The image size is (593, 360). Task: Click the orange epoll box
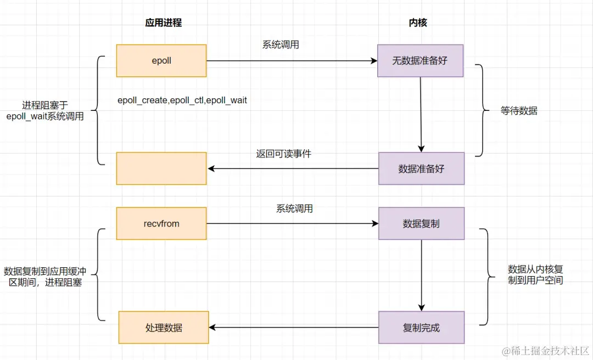click(x=161, y=61)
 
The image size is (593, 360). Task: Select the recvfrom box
click(x=161, y=223)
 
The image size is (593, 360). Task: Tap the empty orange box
click(x=161, y=168)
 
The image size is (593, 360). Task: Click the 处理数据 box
click(x=164, y=328)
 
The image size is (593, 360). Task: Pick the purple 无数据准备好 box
click(x=420, y=61)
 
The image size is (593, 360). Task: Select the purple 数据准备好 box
click(x=421, y=168)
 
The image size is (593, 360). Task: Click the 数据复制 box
click(x=421, y=223)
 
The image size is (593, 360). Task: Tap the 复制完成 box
click(x=421, y=328)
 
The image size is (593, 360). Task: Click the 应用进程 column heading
click(x=163, y=22)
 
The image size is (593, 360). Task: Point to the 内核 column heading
click(x=418, y=22)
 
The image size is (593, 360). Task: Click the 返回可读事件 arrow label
click(x=283, y=154)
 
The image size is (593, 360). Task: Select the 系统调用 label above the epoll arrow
click(x=281, y=45)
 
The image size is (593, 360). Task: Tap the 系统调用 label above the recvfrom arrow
click(x=294, y=209)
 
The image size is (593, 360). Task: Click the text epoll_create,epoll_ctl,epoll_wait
click(x=182, y=100)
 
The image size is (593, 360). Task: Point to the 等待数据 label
click(x=519, y=111)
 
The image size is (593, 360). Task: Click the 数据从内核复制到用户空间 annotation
click(x=535, y=274)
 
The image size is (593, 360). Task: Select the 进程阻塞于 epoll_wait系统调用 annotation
click(x=45, y=111)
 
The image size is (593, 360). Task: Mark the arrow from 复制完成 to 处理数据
click(x=294, y=328)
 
